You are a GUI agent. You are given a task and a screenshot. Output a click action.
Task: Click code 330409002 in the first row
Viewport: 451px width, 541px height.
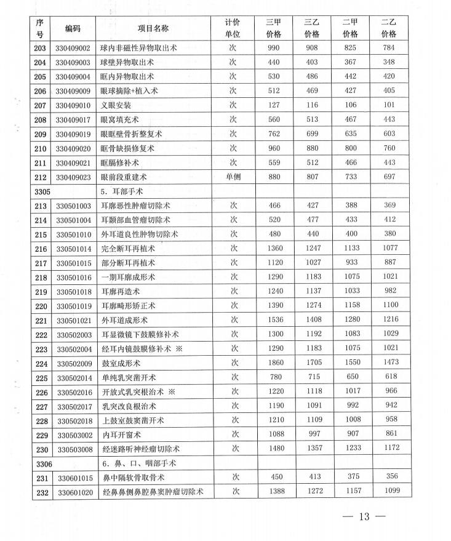pos(73,48)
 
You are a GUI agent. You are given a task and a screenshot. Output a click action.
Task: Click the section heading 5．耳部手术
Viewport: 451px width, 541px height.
pos(127,191)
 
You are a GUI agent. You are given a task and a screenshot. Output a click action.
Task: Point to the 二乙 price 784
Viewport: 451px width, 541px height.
pos(388,48)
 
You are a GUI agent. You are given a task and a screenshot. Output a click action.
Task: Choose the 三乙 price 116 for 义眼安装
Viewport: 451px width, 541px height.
pos(312,105)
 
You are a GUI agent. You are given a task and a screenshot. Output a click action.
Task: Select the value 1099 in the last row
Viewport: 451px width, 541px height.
pos(388,491)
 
